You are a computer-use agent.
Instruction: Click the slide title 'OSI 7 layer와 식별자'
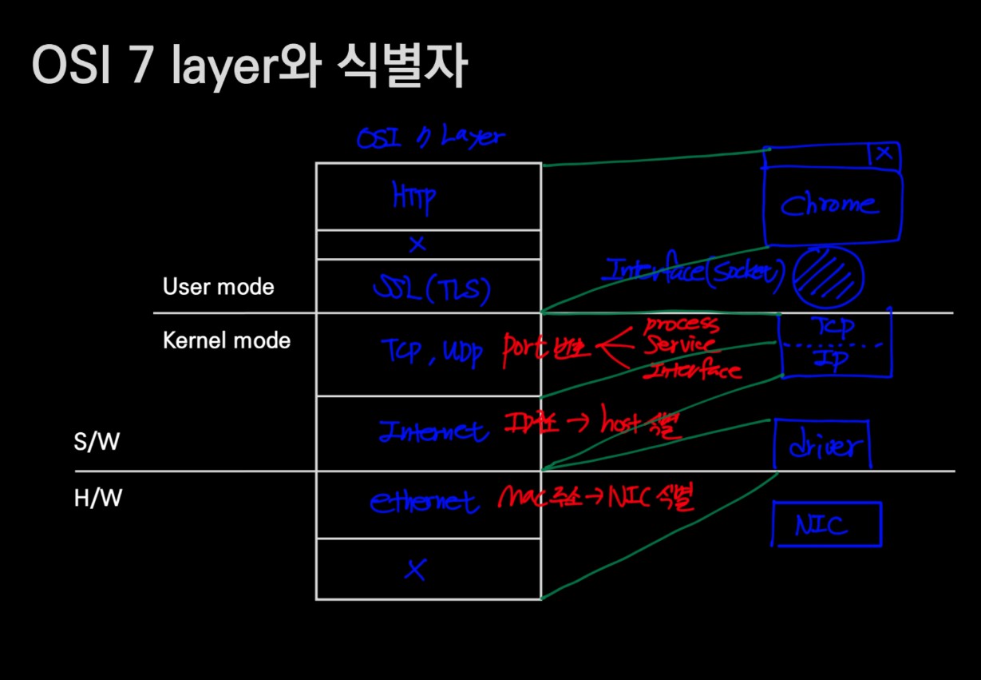[247, 66]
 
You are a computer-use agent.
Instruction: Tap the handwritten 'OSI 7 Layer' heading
[430, 137]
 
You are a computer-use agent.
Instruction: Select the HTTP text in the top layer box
[413, 197]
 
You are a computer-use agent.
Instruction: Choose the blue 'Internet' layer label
[433, 431]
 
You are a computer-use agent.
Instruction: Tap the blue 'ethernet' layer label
[424, 502]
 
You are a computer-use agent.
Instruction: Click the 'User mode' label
[218, 287]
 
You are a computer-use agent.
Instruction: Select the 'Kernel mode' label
[227, 340]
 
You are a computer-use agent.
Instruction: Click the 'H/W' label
[97, 499]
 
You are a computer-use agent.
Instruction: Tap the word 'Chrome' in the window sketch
[829, 206]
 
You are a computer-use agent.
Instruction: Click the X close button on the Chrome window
[883, 153]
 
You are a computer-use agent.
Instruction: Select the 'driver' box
[822, 447]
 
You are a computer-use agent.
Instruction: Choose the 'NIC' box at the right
[826, 525]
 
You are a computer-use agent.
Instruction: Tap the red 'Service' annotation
[679, 347]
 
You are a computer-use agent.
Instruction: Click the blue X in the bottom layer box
[414, 569]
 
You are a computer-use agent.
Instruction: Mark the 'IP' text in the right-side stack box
[832, 360]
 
